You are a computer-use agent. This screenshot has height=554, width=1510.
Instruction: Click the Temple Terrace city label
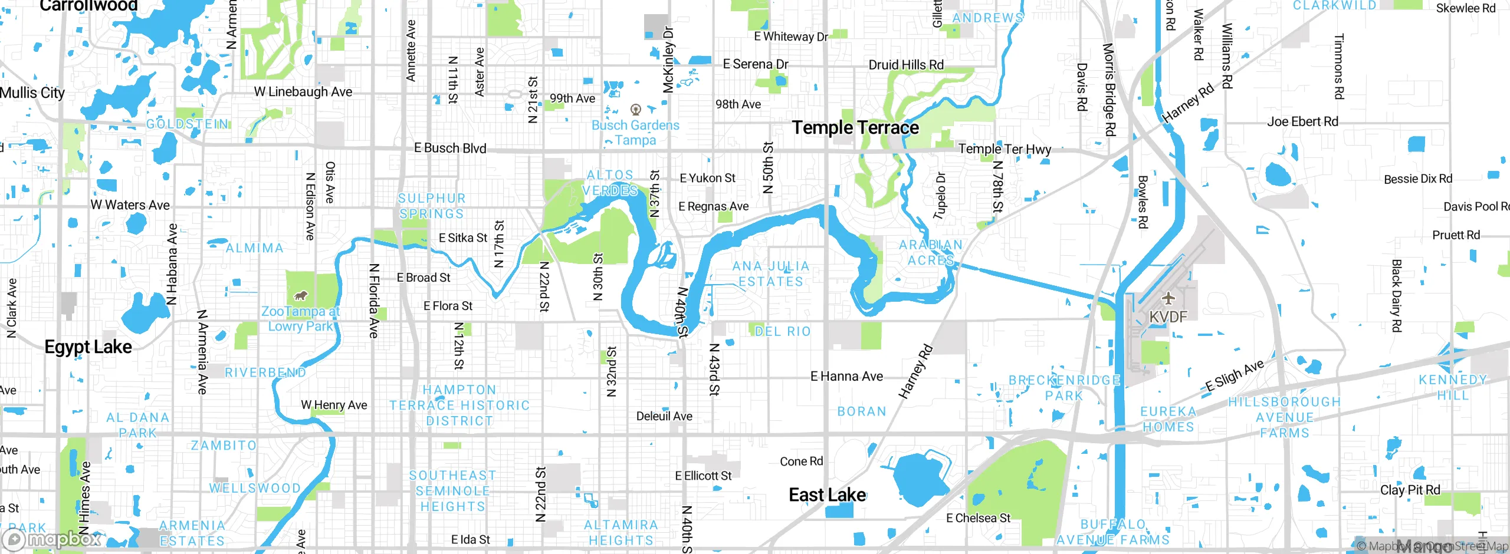pyautogui.click(x=855, y=128)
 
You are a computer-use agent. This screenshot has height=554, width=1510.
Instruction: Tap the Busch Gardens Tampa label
pyautogui.click(x=635, y=133)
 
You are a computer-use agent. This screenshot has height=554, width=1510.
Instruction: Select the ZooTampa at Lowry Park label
pyautogui.click(x=300, y=319)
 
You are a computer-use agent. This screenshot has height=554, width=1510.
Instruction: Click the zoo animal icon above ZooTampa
pyautogui.click(x=301, y=295)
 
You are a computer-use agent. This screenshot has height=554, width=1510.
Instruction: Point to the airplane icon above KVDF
pyautogui.click(x=1168, y=298)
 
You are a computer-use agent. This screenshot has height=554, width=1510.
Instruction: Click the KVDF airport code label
pyautogui.click(x=1168, y=317)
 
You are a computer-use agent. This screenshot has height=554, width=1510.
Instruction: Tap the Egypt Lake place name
pyautogui.click(x=88, y=347)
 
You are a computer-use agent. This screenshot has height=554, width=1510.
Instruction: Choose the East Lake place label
pyautogui.click(x=827, y=495)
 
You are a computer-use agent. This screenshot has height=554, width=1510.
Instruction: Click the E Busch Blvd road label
pyautogui.click(x=450, y=149)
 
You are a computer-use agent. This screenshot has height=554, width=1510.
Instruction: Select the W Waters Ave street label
pyautogui.click(x=130, y=205)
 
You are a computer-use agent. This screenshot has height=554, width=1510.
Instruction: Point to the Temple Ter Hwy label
pyautogui.click(x=1005, y=149)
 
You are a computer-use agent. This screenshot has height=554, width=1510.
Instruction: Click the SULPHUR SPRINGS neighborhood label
pyautogui.click(x=432, y=206)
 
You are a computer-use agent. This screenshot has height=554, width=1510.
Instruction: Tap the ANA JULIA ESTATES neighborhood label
pyautogui.click(x=771, y=274)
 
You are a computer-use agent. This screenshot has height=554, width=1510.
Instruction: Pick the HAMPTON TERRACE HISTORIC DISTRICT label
pyautogui.click(x=459, y=405)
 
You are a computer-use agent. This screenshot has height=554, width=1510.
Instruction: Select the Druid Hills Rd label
pyautogui.click(x=906, y=65)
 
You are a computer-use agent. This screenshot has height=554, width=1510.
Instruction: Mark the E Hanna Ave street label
pyautogui.click(x=846, y=376)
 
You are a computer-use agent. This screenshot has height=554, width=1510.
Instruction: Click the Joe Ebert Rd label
pyautogui.click(x=1302, y=122)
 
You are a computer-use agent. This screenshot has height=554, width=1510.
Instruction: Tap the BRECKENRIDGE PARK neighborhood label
pyautogui.click(x=1064, y=388)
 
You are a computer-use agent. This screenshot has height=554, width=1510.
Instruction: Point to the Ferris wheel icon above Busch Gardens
pyautogui.click(x=635, y=110)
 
